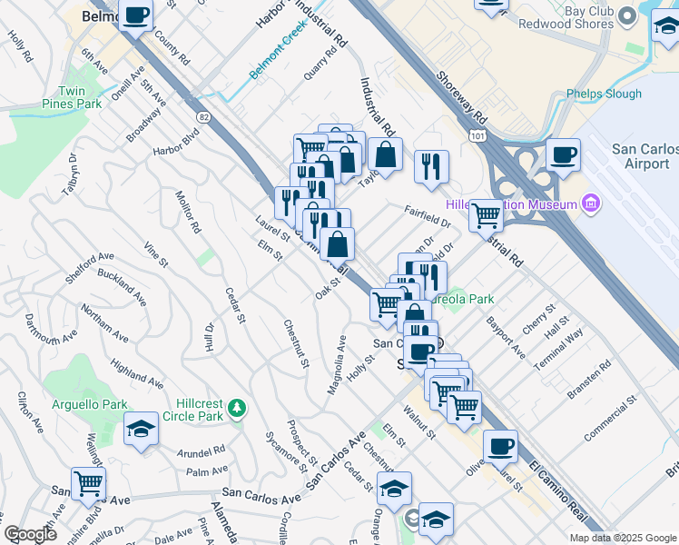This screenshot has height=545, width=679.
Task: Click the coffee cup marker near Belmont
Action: [x=135, y=15]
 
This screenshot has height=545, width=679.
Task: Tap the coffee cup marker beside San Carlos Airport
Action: [x=563, y=154]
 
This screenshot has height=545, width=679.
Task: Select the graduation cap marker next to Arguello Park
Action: [x=141, y=431]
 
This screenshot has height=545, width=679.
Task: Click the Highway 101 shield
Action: [x=478, y=134]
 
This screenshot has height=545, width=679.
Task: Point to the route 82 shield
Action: [x=202, y=115]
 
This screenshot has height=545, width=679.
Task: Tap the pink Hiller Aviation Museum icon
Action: [x=592, y=203]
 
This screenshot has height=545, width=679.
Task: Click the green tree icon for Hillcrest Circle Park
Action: [x=237, y=407]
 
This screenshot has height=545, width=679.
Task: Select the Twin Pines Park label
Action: [x=79, y=98]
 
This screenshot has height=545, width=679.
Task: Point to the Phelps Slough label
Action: [x=604, y=94]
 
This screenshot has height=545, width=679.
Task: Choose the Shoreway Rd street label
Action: [x=461, y=98]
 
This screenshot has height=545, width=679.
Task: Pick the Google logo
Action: [x=30, y=534]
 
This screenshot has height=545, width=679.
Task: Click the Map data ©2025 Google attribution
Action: [x=623, y=537]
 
